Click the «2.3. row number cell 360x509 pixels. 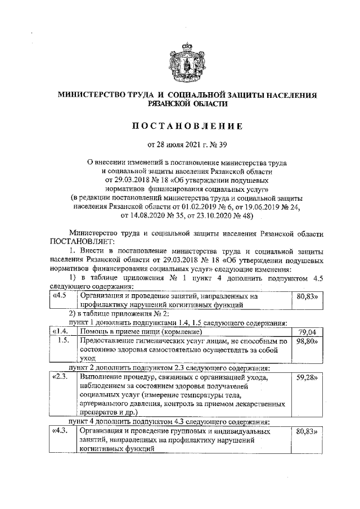pos(61,377)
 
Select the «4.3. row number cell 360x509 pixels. pos(61,431)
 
